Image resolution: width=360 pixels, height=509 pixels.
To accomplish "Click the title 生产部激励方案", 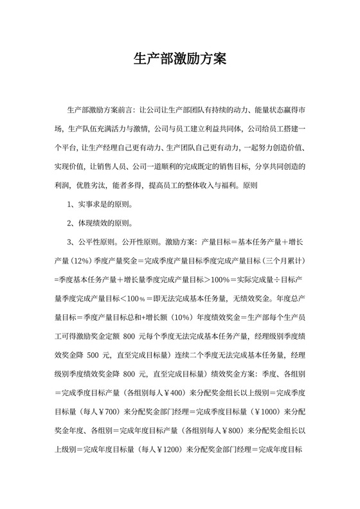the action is [180, 60].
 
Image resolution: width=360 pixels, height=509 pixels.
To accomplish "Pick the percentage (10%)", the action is [188, 317].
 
